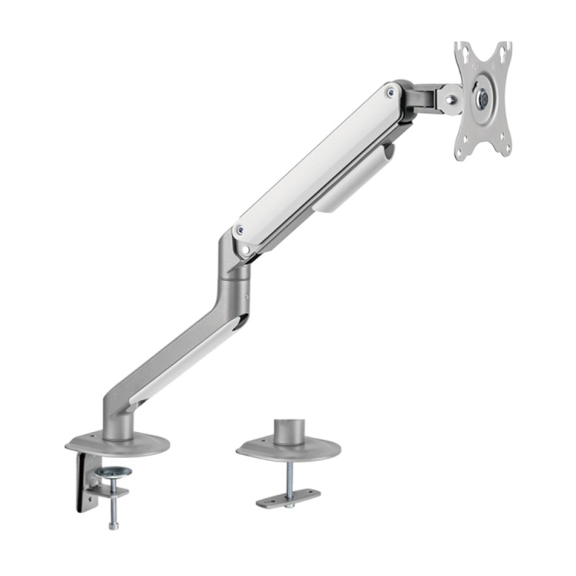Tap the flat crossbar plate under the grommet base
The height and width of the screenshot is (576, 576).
coord(288,498)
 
